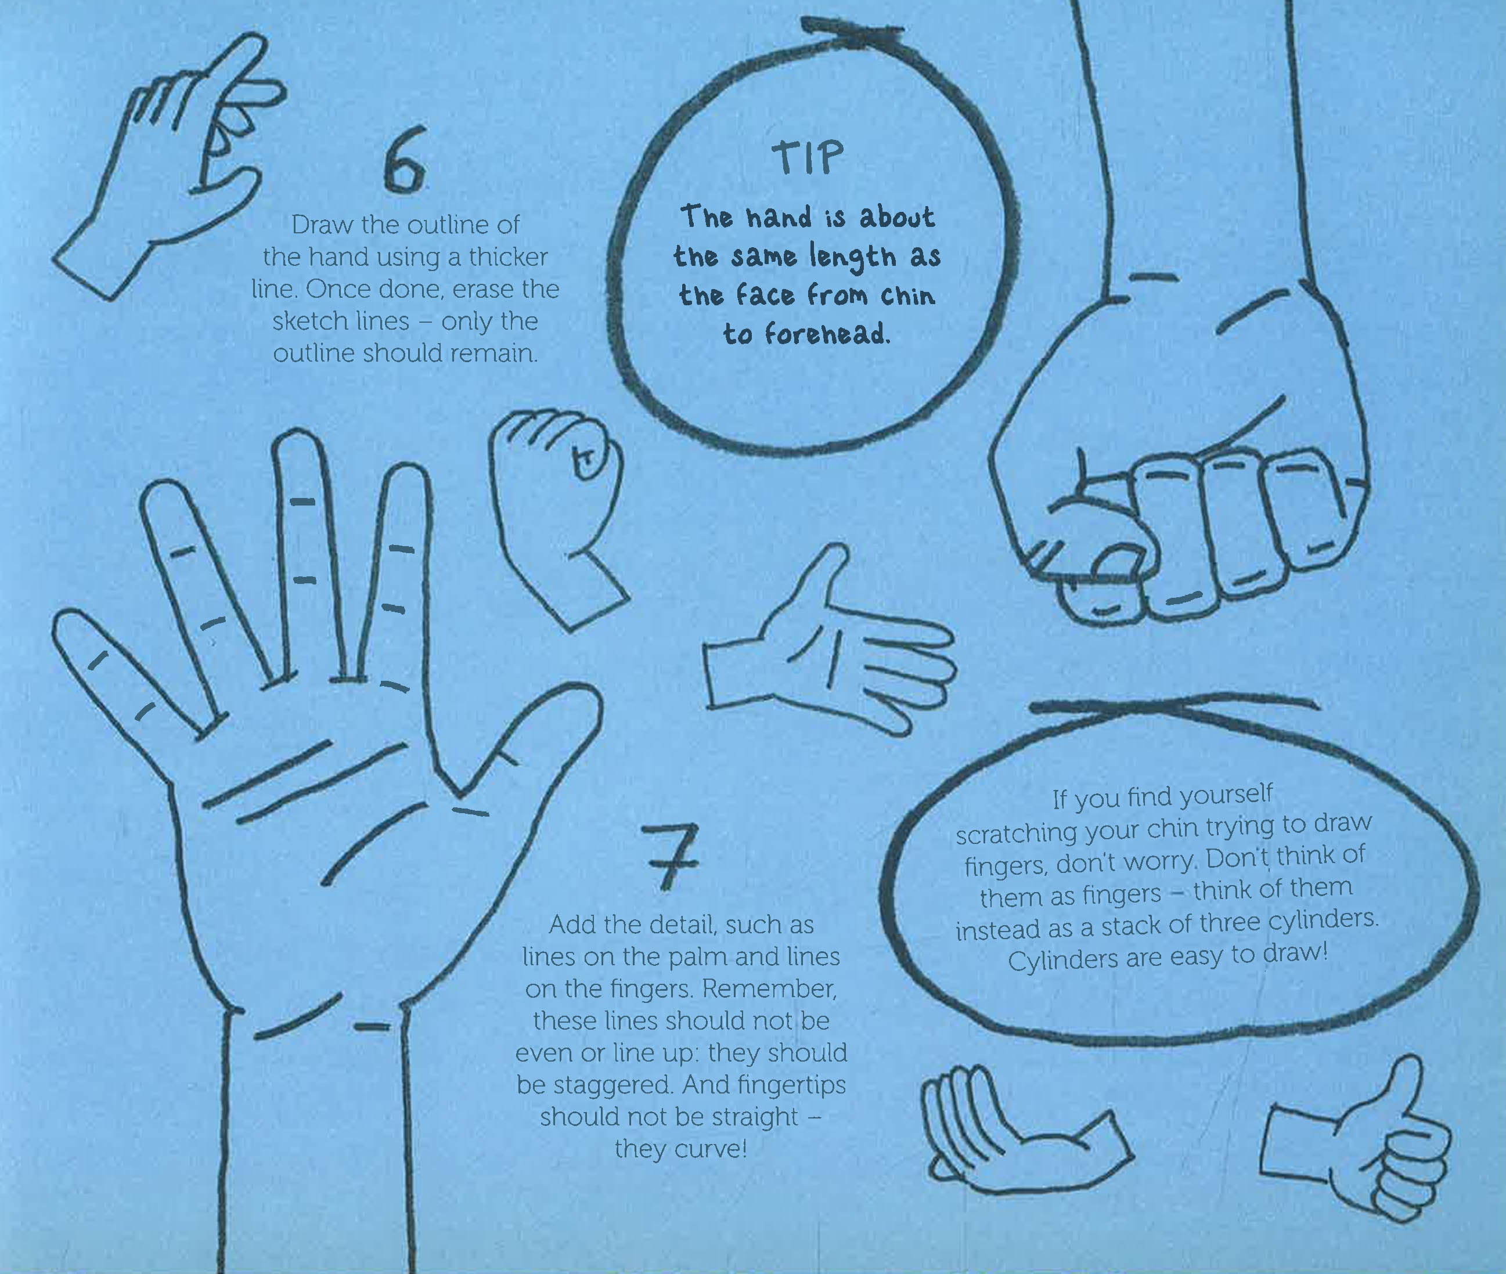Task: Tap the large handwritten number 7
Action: pyautogui.click(x=671, y=857)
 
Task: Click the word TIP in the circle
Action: pyautogui.click(x=808, y=157)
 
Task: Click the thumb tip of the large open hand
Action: pyautogui.click(x=582, y=697)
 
